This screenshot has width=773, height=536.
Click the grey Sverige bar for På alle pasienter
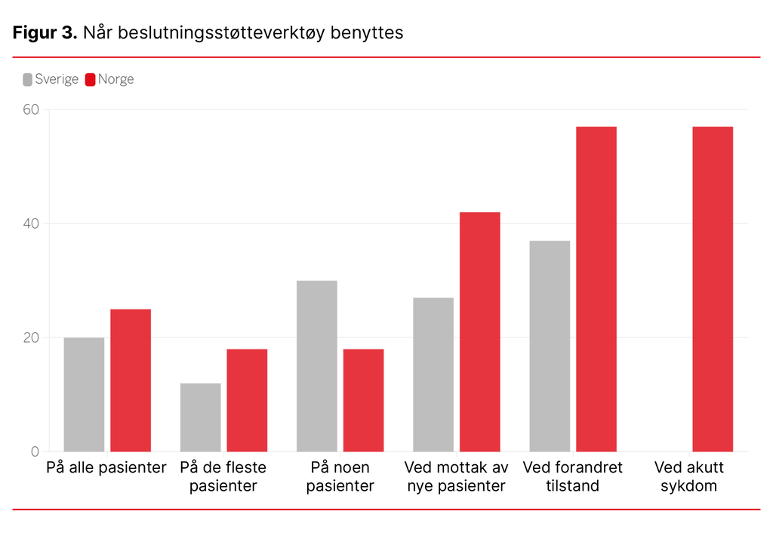84,394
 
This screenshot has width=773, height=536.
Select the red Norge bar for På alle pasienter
131,380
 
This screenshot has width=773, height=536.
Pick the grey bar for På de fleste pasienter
200,417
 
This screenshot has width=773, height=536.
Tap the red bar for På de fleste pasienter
247,400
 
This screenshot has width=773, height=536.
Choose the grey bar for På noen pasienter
316,366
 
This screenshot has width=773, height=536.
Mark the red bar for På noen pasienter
363,400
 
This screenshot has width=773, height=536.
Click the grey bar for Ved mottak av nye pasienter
433,374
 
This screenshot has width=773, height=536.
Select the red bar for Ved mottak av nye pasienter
479,332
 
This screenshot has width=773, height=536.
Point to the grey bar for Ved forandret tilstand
550,346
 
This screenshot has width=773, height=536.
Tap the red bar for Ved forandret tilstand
596,289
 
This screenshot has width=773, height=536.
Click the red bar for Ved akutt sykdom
713,289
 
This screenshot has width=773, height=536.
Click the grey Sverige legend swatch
28,79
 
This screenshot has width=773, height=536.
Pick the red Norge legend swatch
91,79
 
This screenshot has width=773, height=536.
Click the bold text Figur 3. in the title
45,33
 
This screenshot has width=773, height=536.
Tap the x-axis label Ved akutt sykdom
688,476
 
